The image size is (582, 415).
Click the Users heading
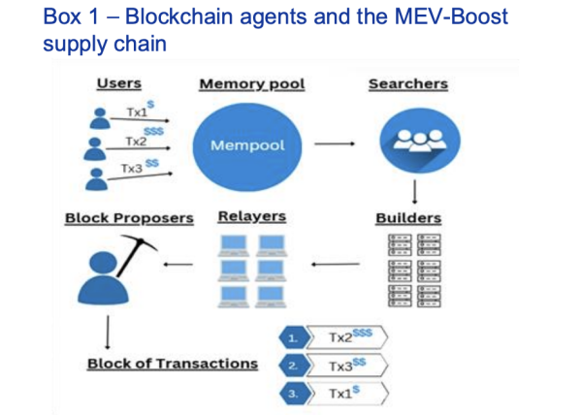[x=118, y=84]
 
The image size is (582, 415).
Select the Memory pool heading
[x=251, y=84]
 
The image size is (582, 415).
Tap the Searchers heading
[x=407, y=84]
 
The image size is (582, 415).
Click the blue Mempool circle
[x=248, y=144]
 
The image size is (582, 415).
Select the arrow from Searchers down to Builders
[x=414, y=190]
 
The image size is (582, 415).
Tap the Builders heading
[x=408, y=218]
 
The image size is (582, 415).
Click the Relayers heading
[x=252, y=217]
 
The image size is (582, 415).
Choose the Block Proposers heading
[x=129, y=218]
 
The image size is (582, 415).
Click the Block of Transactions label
[x=173, y=364]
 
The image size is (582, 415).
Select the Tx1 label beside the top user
[x=136, y=112]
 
